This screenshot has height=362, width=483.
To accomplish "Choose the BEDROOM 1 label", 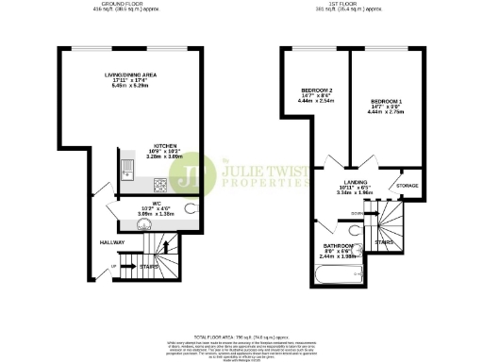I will click(387, 100).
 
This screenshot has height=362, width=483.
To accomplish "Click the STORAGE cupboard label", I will click(408, 186).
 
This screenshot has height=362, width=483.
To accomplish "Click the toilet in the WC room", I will click(192, 209).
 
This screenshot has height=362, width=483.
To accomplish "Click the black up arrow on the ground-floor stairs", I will click(167, 248).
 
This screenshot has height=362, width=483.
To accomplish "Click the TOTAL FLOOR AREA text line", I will click(241, 337).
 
